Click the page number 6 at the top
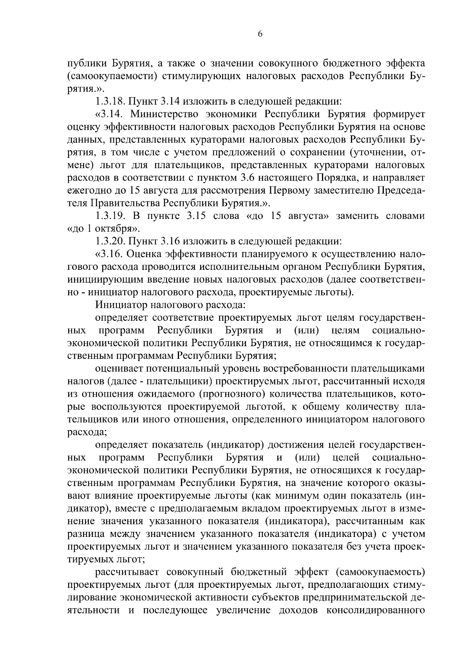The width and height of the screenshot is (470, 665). tap(260, 34)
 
